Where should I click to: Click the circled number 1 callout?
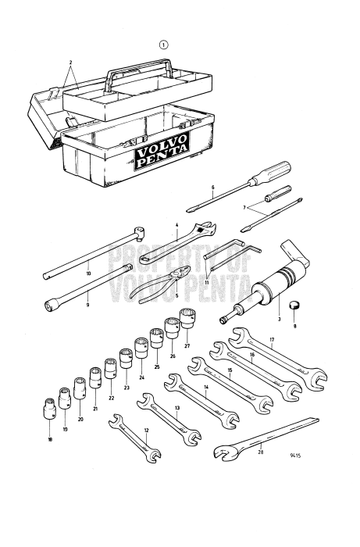[163, 45]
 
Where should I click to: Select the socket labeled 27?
[187, 319]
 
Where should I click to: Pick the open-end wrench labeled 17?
[279, 360]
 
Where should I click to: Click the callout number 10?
[88, 273]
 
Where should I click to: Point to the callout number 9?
[88, 305]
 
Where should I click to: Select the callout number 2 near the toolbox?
[70, 61]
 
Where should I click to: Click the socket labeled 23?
[126, 362]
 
